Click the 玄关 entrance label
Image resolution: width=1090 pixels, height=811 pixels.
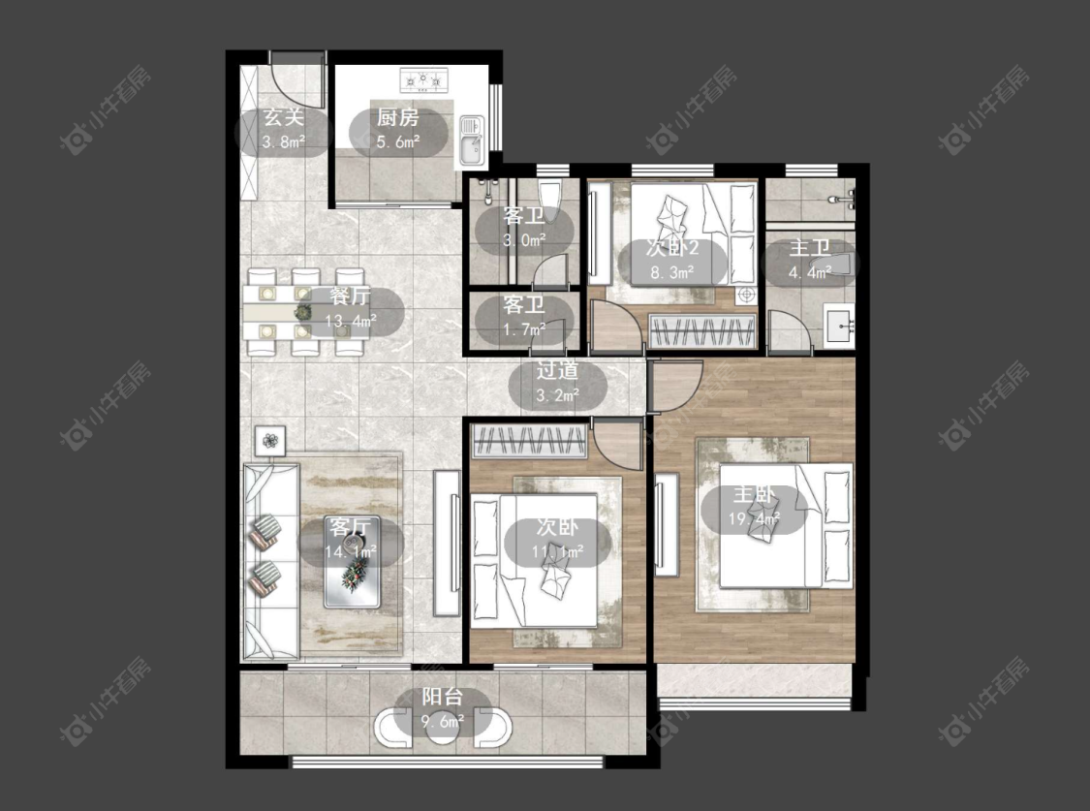pyautogui.click(x=284, y=117)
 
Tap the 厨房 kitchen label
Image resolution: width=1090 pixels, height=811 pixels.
pyautogui.click(x=397, y=117)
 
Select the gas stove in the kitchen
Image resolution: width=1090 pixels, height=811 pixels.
pyautogui.click(x=422, y=79)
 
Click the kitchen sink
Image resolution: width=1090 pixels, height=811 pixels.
pyautogui.click(x=472, y=140)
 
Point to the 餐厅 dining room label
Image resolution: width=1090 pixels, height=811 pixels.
pyautogui.click(x=350, y=296)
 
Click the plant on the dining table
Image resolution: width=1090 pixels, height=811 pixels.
pyautogui.click(x=303, y=312)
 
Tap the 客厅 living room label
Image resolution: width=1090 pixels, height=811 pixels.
pyautogui.click(x=351, y=527)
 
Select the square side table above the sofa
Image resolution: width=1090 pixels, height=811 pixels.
pyautogui.click(x=270, y=441)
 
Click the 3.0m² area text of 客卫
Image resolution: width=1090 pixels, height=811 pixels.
pyautogui.click(x=524, y=240)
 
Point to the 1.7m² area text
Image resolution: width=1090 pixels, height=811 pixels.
pyautogui.click(x=524, y=329)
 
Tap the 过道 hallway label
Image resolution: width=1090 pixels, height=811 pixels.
pyautogui.click(x=557, y=370)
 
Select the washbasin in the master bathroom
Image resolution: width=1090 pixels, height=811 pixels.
pyautogui.click(x=840, y=326)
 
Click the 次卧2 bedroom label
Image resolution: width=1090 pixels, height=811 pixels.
pyautogui.click(x=671, y=248)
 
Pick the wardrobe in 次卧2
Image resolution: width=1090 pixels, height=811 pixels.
pyautogui.click(x=702, y=330)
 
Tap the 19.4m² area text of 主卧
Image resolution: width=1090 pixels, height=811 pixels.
pyautogui.click(x=754, y=518)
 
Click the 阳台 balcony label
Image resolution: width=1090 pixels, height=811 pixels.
pyautogui.click(x=442, y=697)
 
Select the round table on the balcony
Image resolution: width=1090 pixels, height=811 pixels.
pyautogui.click(x=442, y=727)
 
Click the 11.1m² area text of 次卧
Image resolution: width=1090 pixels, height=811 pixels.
pyautogui.click(x=557, y=551)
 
